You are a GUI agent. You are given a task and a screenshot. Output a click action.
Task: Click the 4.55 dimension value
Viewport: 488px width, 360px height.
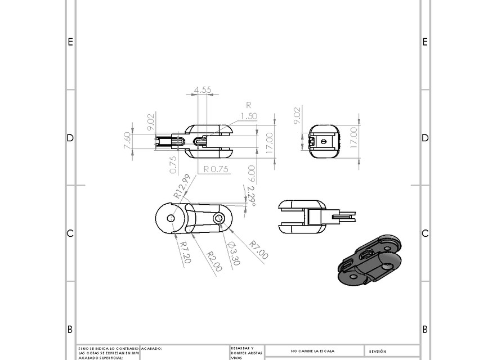pos(203,89)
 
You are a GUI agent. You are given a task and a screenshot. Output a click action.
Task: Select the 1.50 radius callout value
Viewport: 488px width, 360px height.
pos(249,116)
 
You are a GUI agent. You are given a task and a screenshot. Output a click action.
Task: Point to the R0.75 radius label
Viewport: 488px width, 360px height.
pos(215,169)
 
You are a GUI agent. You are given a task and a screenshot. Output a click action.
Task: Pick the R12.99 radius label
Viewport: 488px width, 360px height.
pos(182,186)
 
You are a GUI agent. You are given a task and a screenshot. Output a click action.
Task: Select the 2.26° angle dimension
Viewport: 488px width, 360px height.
pos(251,196)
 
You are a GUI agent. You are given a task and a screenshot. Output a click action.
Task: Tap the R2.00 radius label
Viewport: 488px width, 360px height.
pos(214,260)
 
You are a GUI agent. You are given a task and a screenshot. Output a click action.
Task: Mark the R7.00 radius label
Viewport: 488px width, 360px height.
pos(259,250)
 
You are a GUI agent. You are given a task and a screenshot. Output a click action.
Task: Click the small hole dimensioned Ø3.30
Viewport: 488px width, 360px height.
pos(218,218)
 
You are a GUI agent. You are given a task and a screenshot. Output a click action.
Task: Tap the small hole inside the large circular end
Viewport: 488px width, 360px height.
pos(171,218)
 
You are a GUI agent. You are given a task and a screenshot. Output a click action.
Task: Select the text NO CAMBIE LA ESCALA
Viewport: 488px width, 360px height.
pos(313,350)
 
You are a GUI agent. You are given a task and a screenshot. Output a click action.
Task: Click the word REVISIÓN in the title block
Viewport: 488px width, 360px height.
pos(378,351)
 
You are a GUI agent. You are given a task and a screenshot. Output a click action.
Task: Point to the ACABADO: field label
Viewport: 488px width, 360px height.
pos(151,349)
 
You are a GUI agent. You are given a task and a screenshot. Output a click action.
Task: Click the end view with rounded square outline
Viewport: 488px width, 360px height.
pos(325,142)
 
